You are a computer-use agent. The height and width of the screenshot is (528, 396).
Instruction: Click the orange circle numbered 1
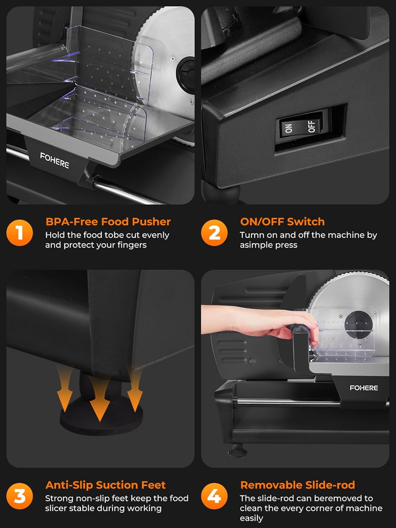[20, 233]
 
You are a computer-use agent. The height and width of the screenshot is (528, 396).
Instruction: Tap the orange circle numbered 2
[214, 233]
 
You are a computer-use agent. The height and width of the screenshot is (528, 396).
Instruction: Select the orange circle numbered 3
[20, 496]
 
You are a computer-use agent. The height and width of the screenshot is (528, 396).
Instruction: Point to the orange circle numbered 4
[214, 496]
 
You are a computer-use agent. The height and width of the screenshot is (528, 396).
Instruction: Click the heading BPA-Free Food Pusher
[108, 221]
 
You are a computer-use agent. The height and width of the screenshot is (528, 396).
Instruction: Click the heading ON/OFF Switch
[282, 221]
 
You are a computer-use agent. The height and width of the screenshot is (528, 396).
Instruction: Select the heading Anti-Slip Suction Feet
[105, 485]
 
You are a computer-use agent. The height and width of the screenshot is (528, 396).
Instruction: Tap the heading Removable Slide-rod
[297, 485]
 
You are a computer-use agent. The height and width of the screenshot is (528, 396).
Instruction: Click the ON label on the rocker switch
[288, 128]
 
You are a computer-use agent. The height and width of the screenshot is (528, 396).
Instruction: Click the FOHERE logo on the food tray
[55, 160]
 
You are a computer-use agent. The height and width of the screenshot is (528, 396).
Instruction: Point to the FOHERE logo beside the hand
[364, 388]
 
